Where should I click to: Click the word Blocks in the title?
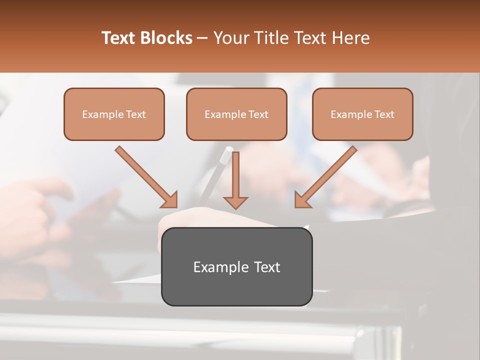(x=166, y=38)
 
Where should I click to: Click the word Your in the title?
(x=229, y=38)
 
